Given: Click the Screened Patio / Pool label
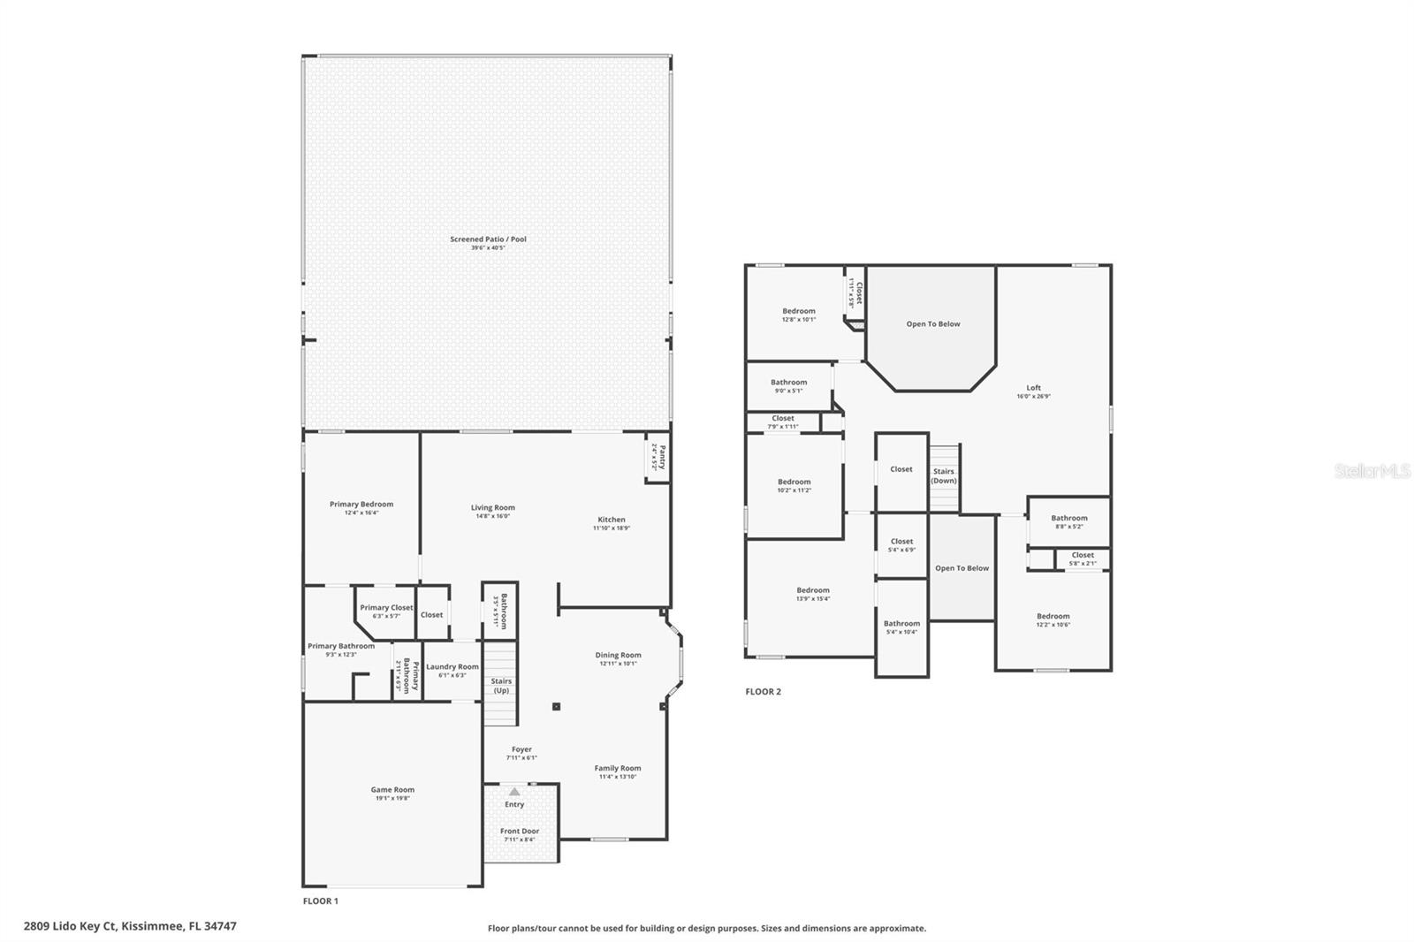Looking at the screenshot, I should pos(488,239).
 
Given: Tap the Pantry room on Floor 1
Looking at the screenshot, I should pos(656,457).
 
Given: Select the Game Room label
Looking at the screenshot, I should pos(392,790).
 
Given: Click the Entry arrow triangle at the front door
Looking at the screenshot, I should pos(514,792).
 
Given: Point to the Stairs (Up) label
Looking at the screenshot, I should pos(501,685).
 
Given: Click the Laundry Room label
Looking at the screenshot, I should pos(452,667).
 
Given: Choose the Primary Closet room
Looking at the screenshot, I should pos(386,608).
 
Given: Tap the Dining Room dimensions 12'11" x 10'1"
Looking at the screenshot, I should pos(618,664).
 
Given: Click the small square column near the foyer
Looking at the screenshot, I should pos(556,706).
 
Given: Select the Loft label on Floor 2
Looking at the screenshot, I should pos(1033,388).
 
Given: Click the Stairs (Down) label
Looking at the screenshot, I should pos(944,476).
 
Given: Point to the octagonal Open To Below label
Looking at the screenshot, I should pos(932,324).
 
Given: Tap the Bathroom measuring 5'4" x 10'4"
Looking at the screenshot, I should pos(901,627).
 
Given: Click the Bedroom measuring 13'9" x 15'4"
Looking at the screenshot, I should pos(813,594).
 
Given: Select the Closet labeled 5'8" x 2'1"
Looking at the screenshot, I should pos(1083,559).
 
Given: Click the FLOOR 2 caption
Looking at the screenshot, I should pos(763,692).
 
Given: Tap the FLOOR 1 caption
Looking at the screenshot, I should pos(320,901).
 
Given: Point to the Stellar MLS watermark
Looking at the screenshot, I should pos(1372,472).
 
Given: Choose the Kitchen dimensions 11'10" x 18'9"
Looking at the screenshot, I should pos(611,528).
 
